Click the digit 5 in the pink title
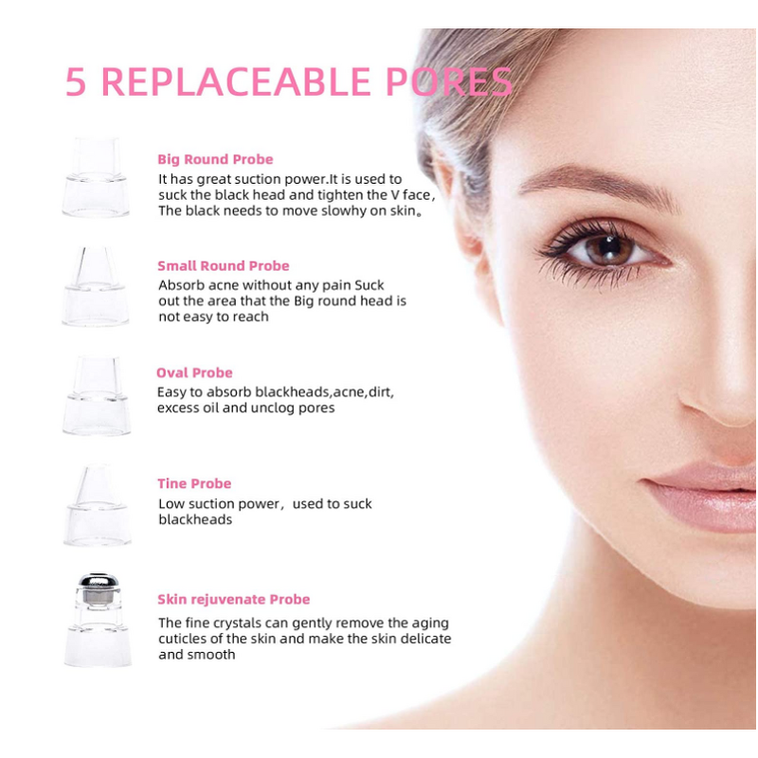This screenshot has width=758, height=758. pyautogui.click(x=77, y=82)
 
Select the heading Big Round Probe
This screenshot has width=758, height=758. pyautogui.click(x=215, y=159)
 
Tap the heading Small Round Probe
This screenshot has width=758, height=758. pyautogui.click(x=224, y=265)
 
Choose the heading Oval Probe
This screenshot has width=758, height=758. pyautogui.click(x=194, y=372)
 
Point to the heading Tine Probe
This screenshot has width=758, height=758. pyautogui.click(x=194, y=483)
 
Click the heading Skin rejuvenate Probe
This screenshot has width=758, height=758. pyautogui.click(x=233, y=599)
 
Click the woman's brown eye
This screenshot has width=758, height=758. pyautogui.click(x=599, y=248)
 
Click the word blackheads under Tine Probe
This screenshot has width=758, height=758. pyautogui.click(x=194, y=520)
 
